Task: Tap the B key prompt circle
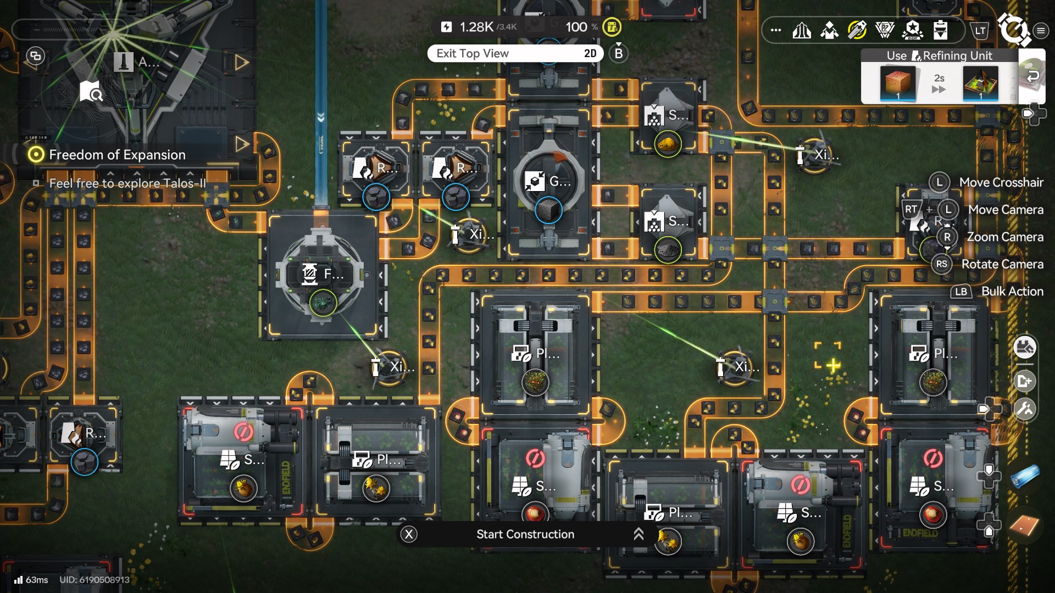(x=619, y=53)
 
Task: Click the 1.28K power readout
(x=476, y=27)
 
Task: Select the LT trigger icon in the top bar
(x=980, y=31)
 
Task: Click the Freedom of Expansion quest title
(x=117, y=155)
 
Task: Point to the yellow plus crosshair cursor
(x=833, y=365)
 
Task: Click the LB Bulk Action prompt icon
(x=960, y=292)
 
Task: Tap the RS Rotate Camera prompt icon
(x=941, y=264)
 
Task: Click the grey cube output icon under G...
(x=548, y=210)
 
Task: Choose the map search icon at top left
(x=91, y=91)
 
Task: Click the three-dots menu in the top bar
(x=776, y=30)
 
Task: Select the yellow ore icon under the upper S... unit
(x=668, y=144)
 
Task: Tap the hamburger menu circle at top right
(x=1041, y=31)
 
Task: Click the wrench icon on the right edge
(x=1025, y=409)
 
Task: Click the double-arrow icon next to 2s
(x=939, y=89)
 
